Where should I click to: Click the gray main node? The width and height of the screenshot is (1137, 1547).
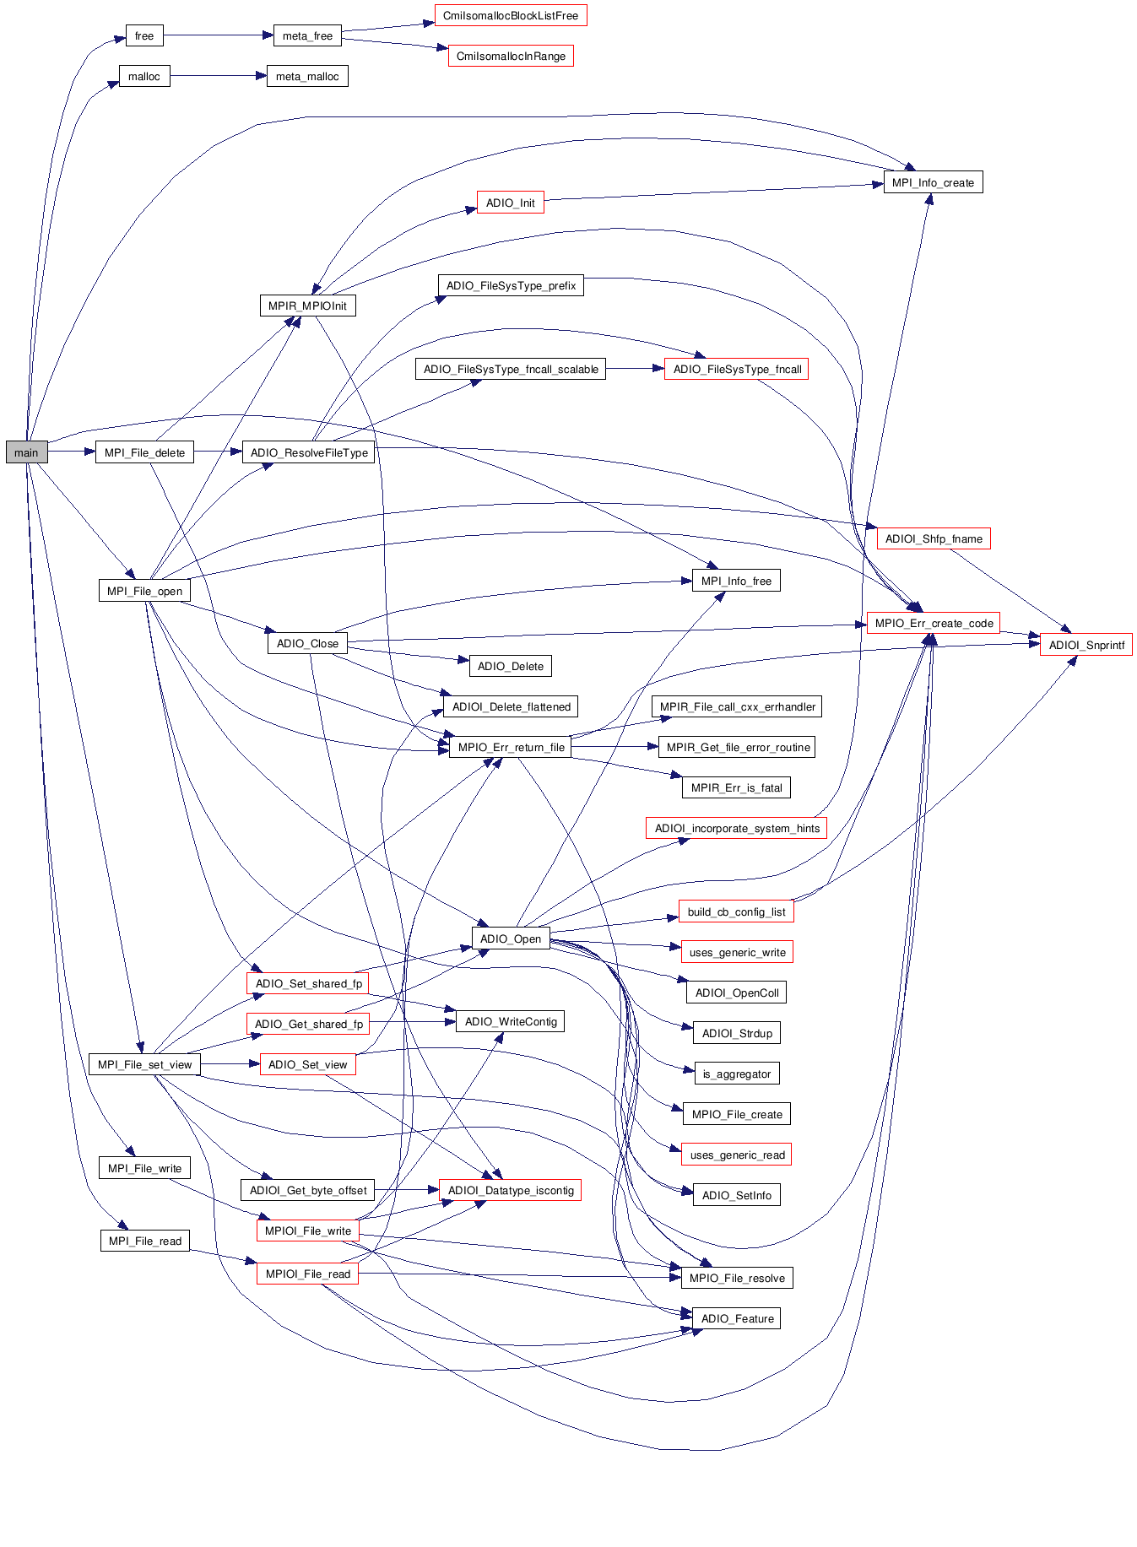click(x=26, y=452)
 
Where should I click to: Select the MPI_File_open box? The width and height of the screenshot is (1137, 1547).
click(x=144, y=591)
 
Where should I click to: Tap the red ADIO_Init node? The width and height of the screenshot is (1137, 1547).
click(x=510, y=203)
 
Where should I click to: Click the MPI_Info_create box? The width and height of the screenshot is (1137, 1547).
click(x=933, y=182)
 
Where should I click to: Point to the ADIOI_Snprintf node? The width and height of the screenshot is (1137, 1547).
click(x=1086, y=645)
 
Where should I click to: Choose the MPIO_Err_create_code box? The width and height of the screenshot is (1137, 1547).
click(x=934, y=623)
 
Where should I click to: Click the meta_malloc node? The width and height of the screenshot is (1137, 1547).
click(x=307, y=76)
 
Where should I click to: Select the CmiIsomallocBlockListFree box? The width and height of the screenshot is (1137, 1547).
click(x=511, y=15)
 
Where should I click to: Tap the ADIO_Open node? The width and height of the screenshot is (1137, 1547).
click(x=510, y=938)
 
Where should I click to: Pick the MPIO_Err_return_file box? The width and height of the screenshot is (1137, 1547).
click(x=511, y=747)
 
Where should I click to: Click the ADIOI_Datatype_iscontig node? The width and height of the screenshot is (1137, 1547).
click(x=511, y=1190)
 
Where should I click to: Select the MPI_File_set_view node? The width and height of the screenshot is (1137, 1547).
click(x=144, y=1064)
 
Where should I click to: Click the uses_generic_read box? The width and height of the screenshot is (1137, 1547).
click(x=737, y=1155)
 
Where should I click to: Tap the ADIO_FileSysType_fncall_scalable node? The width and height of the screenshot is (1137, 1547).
click(x=511, y=369)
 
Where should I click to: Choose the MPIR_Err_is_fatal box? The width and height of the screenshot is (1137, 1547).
click(x=736, y=787)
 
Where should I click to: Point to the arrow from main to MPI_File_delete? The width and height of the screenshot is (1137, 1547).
click(x=72, y=452)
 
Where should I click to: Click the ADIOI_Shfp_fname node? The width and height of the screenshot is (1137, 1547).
click(x=934, y=538)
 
